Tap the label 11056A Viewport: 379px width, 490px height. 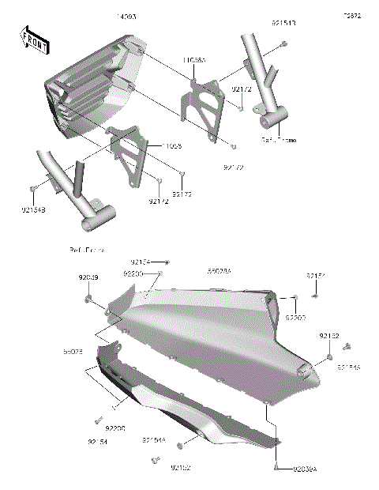(x=194, y=59)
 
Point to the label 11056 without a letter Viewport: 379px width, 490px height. (x=175, y=146)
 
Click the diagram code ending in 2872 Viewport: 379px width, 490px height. (x=351, y=16)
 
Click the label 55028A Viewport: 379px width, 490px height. (x=219, y=270)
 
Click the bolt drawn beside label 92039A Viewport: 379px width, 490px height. (x=276, y=468)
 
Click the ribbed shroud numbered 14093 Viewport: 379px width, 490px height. (x=91, y=87)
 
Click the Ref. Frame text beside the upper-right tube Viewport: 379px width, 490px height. (x=279, y=140)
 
